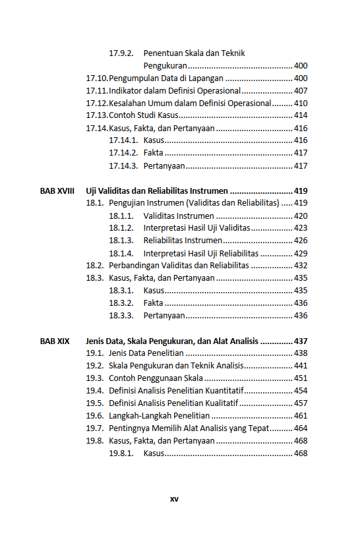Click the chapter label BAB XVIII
point(57,190)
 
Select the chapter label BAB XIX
point(54,341)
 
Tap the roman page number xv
point(174,499)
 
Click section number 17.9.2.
point(121,53)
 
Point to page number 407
point(301,91)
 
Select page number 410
point(301,103)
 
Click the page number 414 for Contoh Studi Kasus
point(301,116)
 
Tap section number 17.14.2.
point(123,153)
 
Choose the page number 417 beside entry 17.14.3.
point(301,165)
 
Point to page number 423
point(301,228)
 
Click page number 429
point(301,253)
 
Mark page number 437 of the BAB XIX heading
point(301,341)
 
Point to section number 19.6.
point(95,416)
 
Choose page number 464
point(301,428)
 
